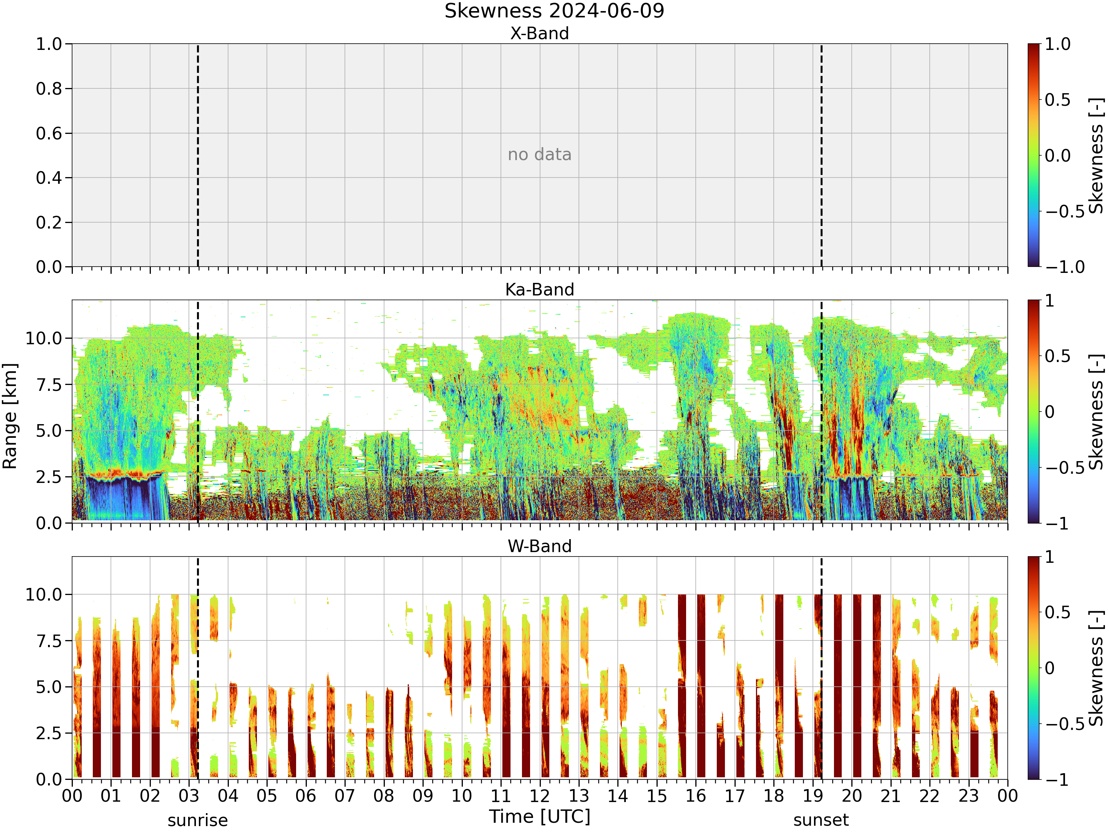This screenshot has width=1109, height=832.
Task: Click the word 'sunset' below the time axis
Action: [x=821, y=821]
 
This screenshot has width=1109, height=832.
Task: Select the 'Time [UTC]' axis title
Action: [x=540, y=817]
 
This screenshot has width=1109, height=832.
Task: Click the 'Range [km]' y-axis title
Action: [x=10, y=416]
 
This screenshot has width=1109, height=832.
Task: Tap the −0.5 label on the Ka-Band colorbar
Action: [x=1065, y=467]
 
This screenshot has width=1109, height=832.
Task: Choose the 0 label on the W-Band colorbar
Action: [x=1050, y=668]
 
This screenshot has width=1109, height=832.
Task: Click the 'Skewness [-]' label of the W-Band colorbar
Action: [x=1096, y=668]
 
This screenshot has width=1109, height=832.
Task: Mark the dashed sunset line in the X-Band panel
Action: [x=821, y=155]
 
